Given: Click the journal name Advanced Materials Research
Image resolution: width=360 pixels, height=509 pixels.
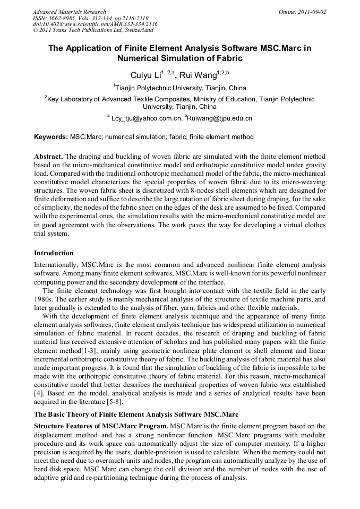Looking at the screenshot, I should (69, 12).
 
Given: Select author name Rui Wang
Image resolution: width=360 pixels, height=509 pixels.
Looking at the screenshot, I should (200, 75).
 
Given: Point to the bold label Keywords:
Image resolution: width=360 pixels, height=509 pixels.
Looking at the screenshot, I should (51, 137).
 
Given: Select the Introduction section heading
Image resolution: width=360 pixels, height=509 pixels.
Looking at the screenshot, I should (54, 253).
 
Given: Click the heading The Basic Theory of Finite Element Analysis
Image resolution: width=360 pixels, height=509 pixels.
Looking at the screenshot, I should (136, 414).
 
